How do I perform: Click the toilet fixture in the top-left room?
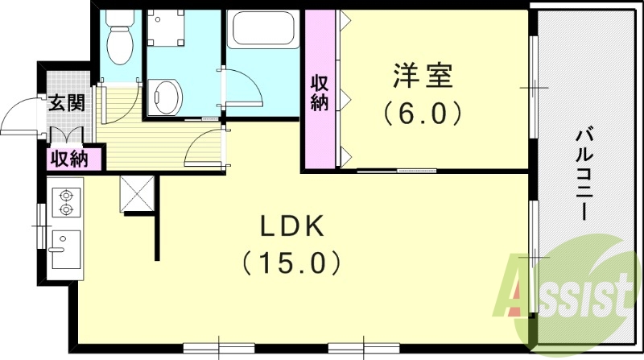[121, 39]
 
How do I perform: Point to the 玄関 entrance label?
[64, 103]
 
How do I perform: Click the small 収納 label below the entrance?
[69, 159]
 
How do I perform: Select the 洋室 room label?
[423, 77]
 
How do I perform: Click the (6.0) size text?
[423, 112]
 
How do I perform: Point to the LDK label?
[291, 228]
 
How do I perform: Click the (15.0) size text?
[291, 263]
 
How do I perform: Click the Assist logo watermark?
[567, 294]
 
